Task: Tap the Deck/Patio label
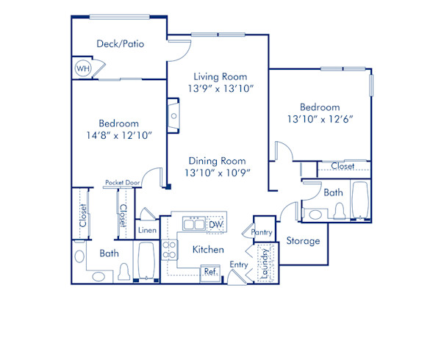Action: click(120, 44)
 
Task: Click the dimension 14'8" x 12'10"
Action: click(119, 136)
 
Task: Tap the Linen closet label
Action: click(147, 231)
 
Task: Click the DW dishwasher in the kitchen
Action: click(216, 224)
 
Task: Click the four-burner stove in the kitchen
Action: click(169, 250)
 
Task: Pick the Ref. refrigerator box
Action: click(210, 271)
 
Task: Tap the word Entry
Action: click(238, 264)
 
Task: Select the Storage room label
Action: click(303, 241)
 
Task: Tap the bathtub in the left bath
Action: click(145, 262)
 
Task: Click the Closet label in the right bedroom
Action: click(343, 166)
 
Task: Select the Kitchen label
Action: click(208, 250)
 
